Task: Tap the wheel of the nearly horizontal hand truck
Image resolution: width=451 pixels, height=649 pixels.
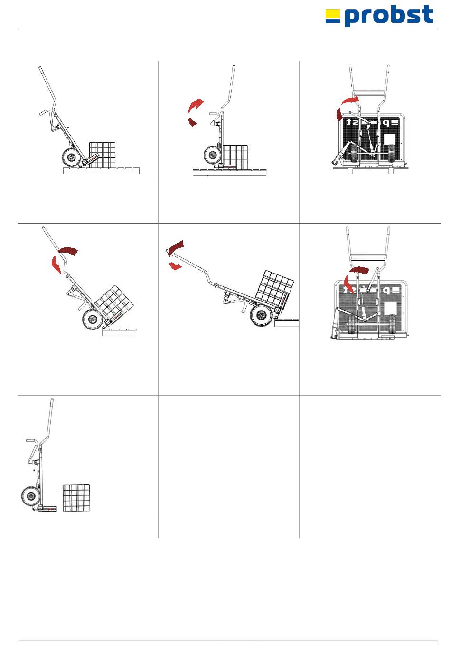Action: (260, 315)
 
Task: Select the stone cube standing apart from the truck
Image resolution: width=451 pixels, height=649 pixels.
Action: (76, 498)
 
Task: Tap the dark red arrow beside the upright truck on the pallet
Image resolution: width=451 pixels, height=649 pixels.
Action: (192, 122)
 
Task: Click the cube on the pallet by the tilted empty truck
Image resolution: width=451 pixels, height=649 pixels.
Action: (102, 154)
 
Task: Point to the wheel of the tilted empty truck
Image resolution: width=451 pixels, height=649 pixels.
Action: (71, 158)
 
